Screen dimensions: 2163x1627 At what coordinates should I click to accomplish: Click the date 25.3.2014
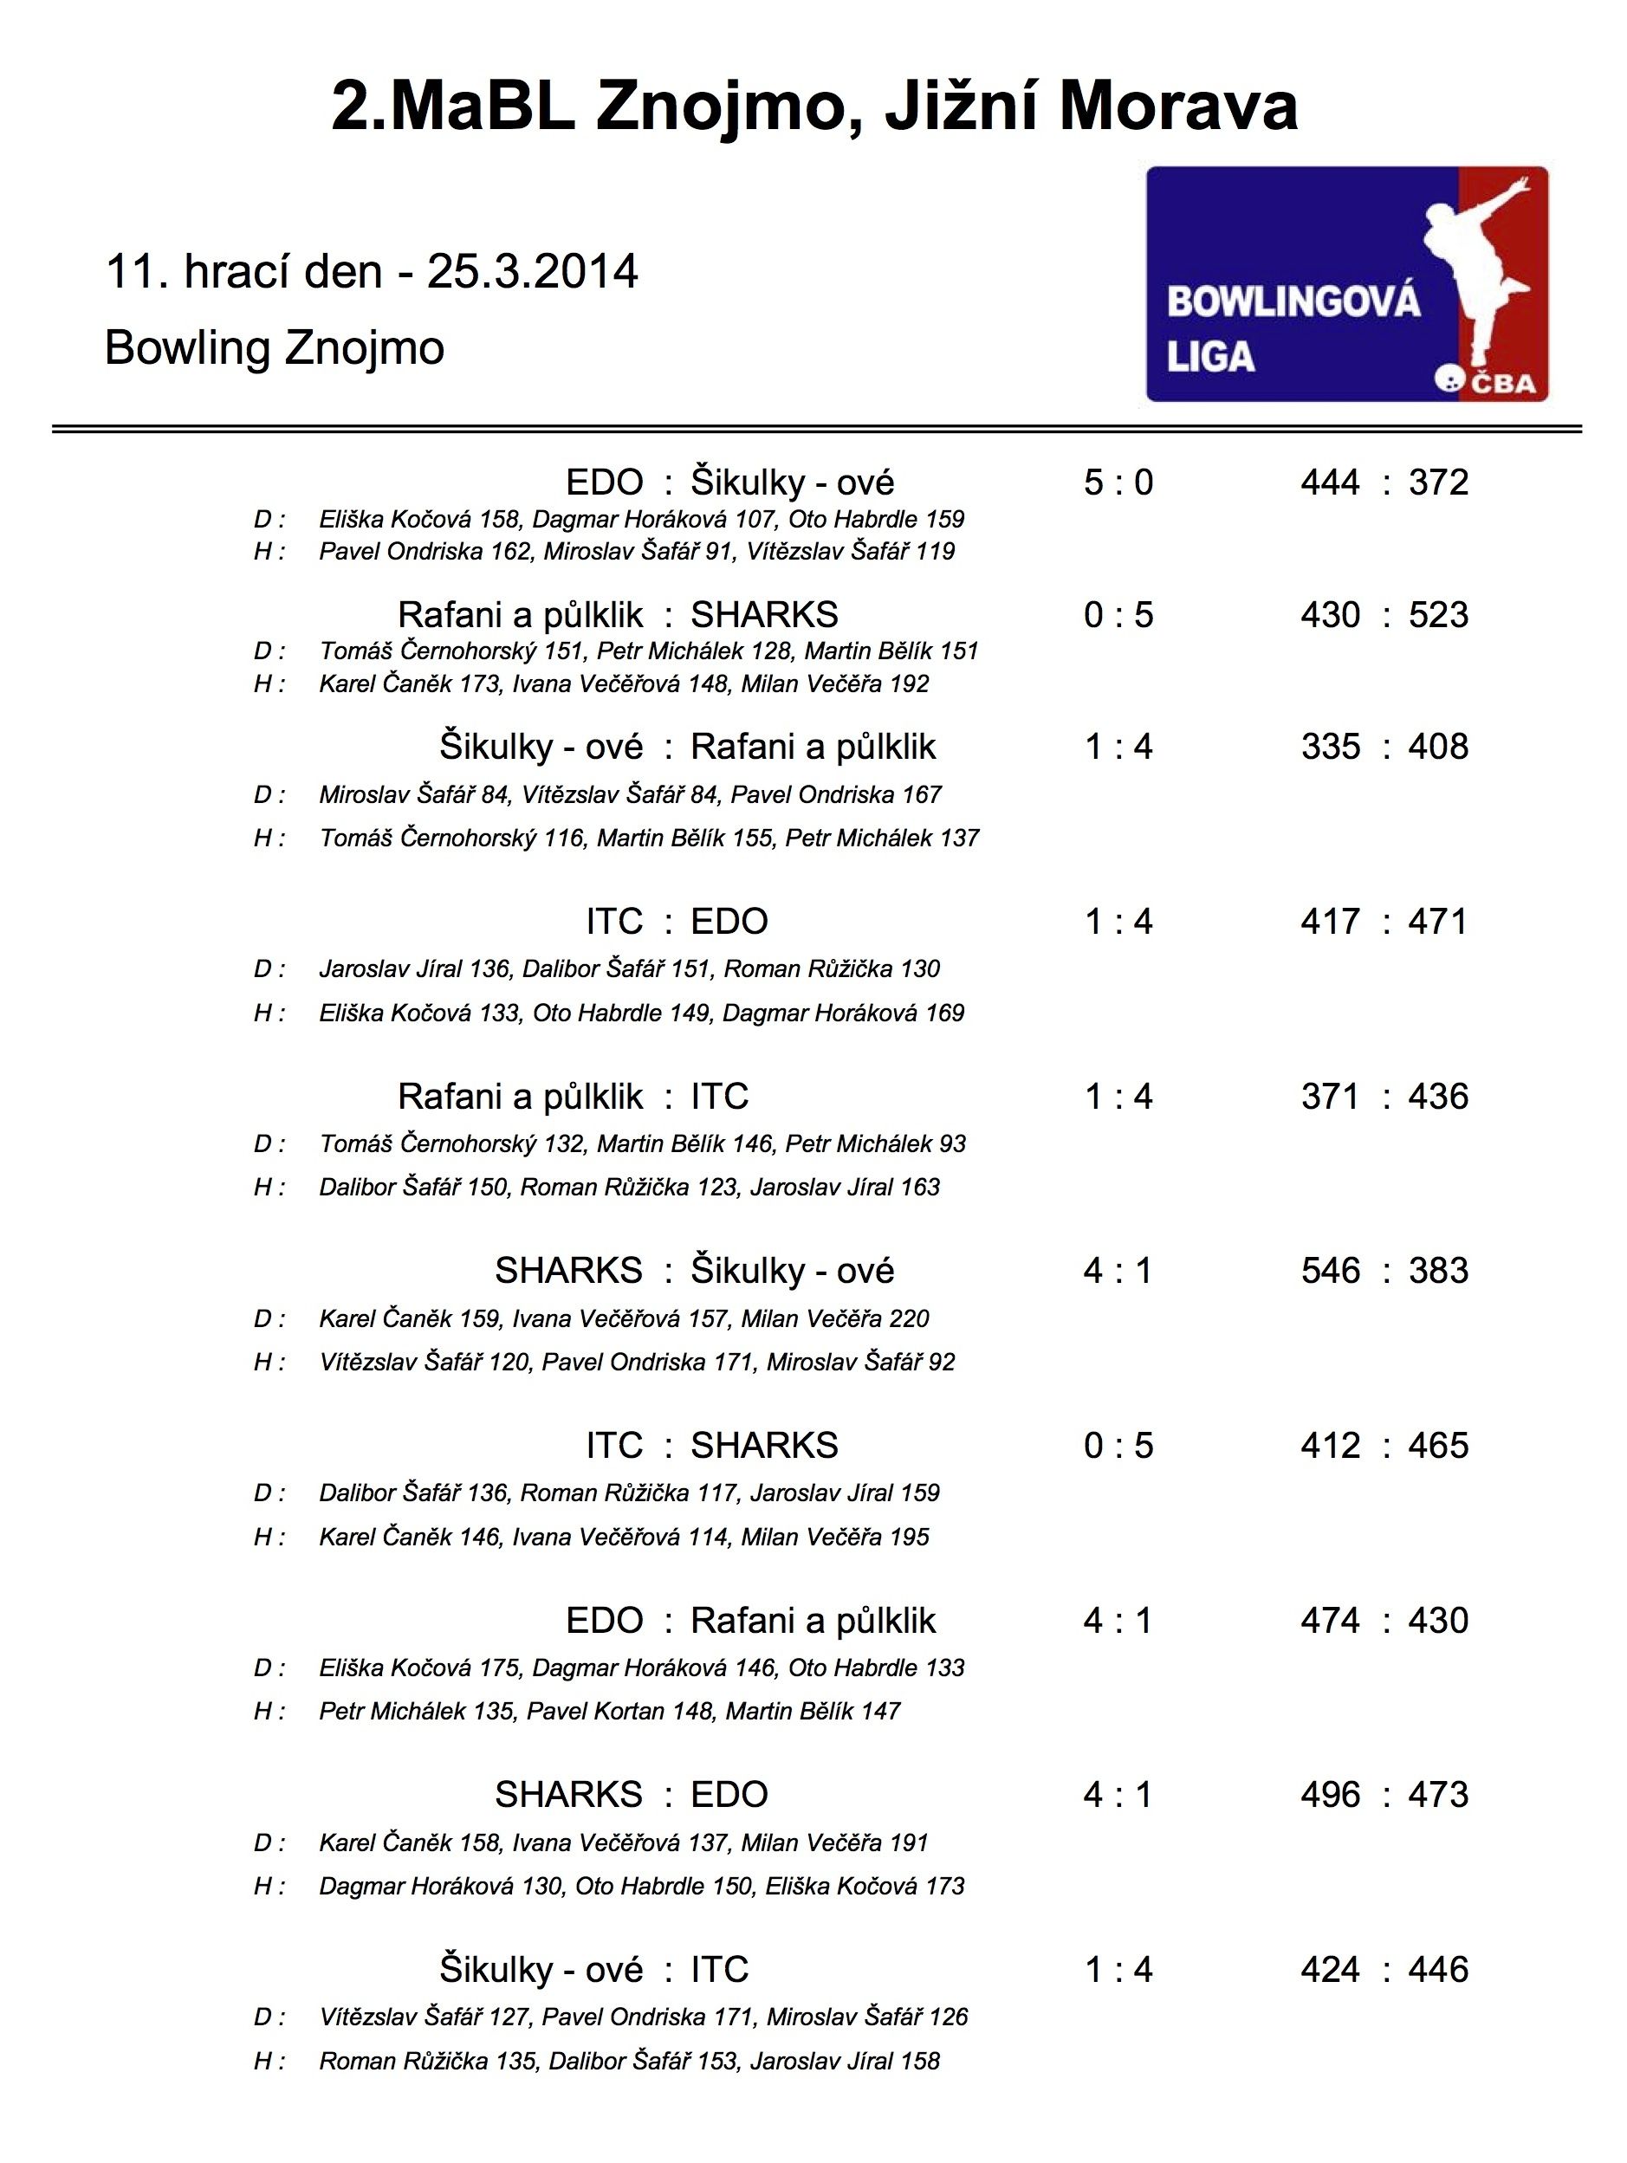(532, 272)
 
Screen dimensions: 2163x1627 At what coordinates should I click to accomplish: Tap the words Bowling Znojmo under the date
(274, 348)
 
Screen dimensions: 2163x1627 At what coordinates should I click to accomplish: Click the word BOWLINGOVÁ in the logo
(1293, 302)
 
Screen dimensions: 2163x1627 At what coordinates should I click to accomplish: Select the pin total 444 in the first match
(1330, 483)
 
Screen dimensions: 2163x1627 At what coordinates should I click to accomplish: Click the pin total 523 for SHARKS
(1438, 615)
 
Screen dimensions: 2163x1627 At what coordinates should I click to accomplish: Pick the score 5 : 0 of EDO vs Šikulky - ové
(1118, 483)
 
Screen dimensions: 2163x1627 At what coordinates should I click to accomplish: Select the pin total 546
(1330, 1271)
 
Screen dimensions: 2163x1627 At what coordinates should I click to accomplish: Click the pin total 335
(1330, 747)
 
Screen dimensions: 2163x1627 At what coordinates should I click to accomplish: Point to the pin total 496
(1330, 1796)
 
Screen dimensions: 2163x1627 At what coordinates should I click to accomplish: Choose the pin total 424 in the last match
(1330, 1969)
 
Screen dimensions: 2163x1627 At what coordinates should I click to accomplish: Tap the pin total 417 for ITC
(1330, 922)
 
